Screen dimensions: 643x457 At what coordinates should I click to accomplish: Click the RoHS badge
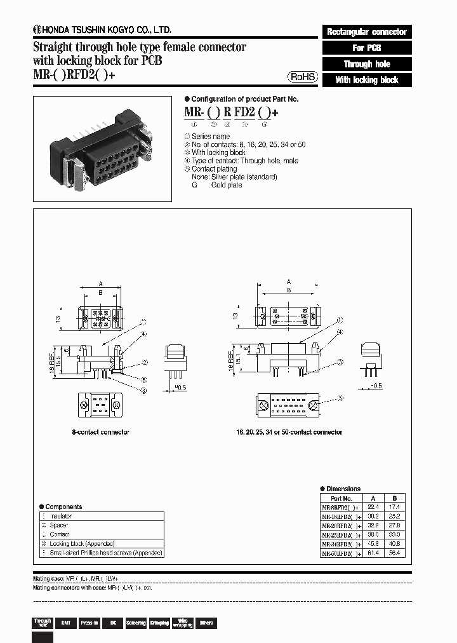[x=303, y=77]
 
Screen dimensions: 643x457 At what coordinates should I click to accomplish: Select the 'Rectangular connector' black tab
[x=367, y=32]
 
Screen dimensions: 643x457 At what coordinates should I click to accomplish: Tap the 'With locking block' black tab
[x=367, y=80]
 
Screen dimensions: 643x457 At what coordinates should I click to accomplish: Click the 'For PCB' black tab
[x=367, y=48]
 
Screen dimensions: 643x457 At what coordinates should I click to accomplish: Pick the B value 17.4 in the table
[x=394, y=508]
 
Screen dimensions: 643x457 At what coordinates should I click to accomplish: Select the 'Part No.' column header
[x=341, y=499]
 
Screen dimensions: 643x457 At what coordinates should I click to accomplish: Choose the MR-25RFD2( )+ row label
[x=341, y=536]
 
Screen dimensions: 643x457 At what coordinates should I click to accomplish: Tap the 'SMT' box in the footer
[x=65, y=623]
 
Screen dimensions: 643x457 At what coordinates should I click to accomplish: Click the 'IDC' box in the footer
[x=112, y=623]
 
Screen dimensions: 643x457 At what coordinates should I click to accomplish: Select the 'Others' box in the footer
[x=206, y=623]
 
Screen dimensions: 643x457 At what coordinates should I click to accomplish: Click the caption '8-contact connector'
[x=100, y=432]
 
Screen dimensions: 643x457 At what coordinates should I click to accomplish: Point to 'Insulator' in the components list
[x=61, y=517]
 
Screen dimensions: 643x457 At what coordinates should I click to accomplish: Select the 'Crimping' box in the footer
[x=159, y=623]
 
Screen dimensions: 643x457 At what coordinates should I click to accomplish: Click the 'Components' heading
[x=64, y=506]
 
